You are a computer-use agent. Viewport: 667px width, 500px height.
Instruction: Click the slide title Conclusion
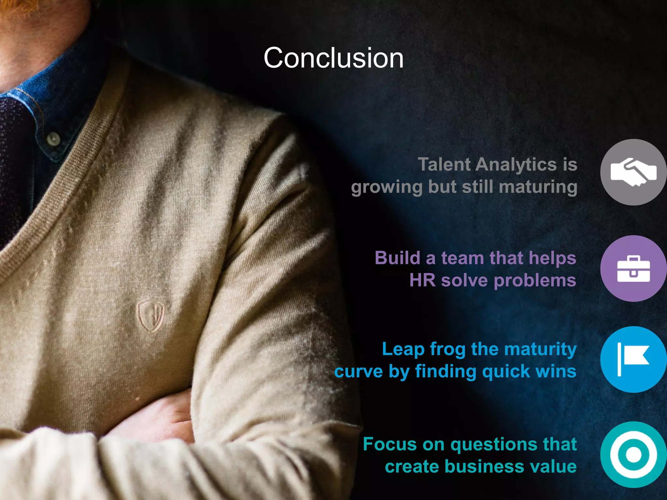point(333,58)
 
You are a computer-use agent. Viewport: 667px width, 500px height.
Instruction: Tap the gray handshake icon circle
point(633,172)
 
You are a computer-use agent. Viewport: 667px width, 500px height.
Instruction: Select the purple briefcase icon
point(633,269)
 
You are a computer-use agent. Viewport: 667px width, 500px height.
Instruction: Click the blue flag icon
point(633,359)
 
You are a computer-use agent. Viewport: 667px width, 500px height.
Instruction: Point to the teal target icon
point(633,455)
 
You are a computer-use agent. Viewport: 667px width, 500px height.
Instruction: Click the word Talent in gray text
point(444,164)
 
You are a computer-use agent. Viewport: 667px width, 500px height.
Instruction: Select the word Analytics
point(516,165)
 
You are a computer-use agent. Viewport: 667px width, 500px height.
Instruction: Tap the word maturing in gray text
point(538,187)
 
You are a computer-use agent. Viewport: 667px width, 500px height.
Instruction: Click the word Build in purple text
point(397,258)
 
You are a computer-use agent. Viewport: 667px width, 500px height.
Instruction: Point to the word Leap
point(403,350)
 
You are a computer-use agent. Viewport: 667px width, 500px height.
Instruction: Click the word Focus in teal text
point(390,444)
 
